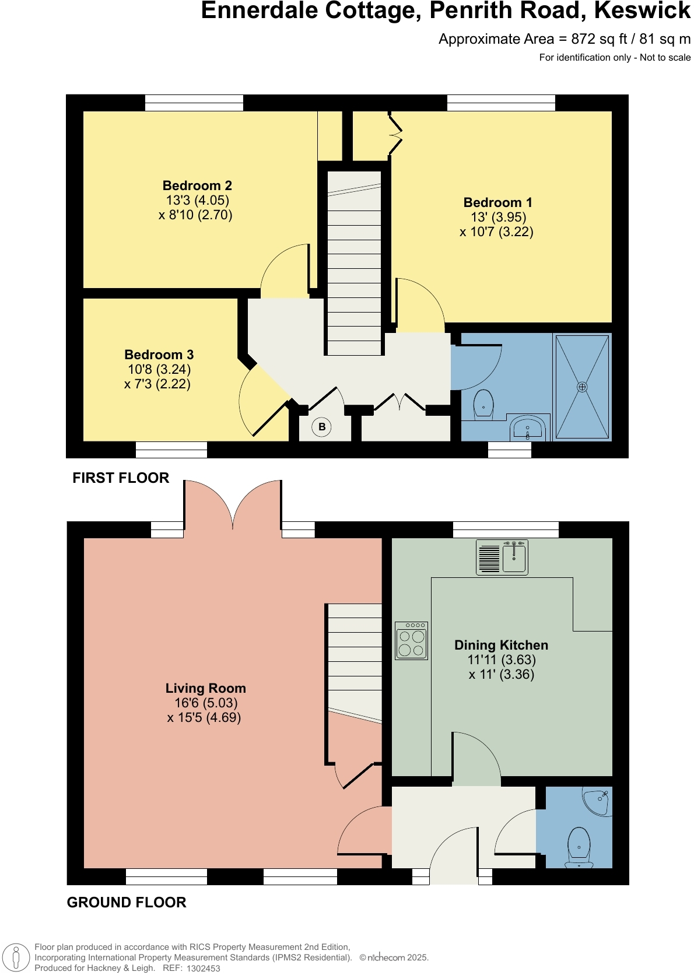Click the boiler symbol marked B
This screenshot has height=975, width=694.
pyautogui.click(x=322, y=427)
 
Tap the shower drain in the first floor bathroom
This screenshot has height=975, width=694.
pyautogui.click(x=582, y=387)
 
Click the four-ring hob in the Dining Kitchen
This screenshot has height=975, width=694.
pyautogui.click(x=412, y=641)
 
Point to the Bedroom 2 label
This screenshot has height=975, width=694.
pyautogui.click(x=197, y=186)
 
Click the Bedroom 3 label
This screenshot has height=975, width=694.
pyautogui.click(x=159, y=355)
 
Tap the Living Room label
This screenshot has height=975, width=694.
pyautogui.click(x=205, y=689)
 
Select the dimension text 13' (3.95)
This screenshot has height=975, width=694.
pyautogui.click(x=498, y=218)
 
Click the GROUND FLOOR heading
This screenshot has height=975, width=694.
pyautogui.click(x=127, y=902)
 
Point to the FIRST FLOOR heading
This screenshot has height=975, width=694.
pyautogui.click(x=121, y=478)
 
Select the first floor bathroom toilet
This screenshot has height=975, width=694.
pyautogui.click(x=483, y=404)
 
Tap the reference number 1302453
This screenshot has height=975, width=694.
pyautogui.click(x=203, y=968)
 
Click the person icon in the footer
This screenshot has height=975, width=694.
pyautogui.click(x=16, y=958)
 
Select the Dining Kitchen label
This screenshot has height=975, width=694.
pyautogui.click(x=501, y=646)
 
